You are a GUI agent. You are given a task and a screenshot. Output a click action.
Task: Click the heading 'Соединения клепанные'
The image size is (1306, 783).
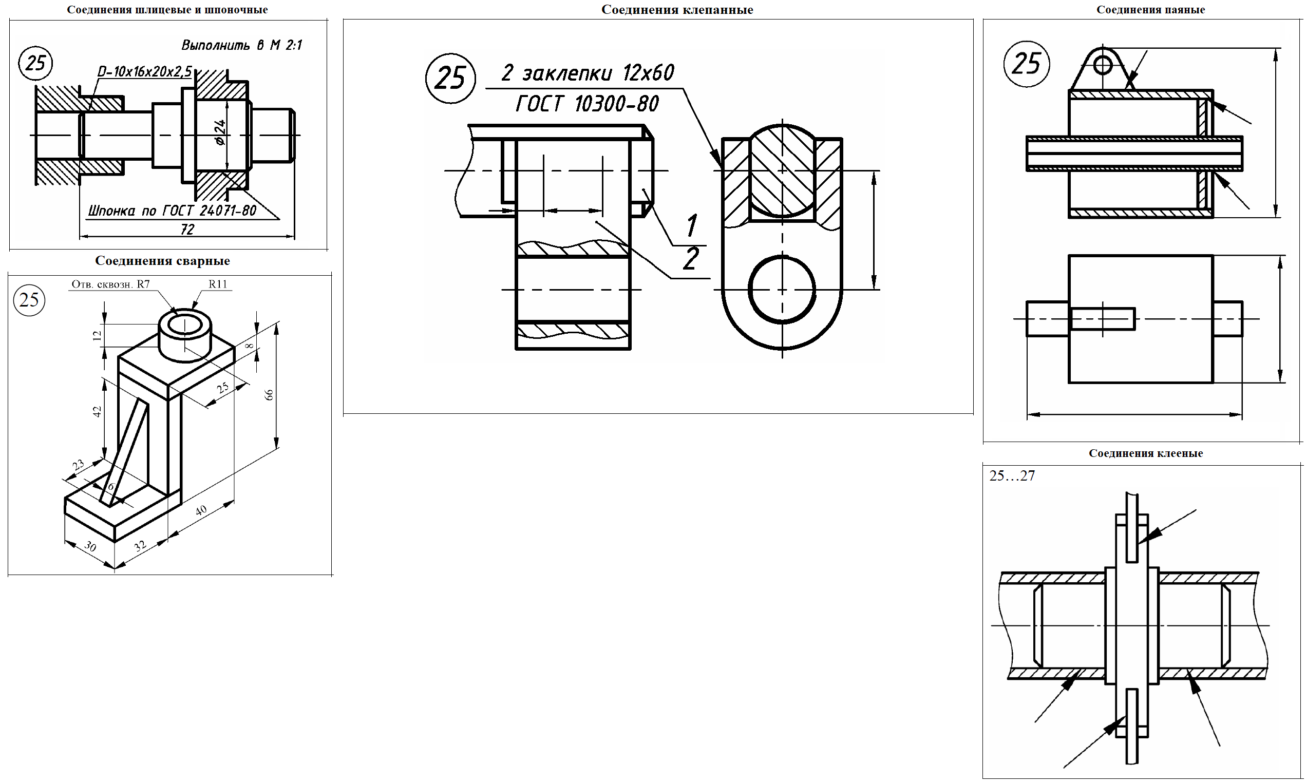[x=677, y=9]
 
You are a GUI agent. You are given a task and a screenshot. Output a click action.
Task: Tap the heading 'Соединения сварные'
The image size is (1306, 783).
[x=162, y=261]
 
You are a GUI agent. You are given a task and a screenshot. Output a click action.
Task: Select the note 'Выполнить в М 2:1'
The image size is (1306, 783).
[x=242, y=45]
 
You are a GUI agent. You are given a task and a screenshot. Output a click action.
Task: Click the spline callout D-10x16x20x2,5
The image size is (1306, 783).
[x=145, y=71]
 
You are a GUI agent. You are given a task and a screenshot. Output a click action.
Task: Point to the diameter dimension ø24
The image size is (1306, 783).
[x=220, y=132]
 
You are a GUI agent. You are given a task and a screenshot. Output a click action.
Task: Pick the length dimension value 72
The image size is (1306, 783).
[x=187, y=229]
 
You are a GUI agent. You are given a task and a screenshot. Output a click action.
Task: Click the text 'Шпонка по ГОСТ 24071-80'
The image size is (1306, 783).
[x=172, y=211]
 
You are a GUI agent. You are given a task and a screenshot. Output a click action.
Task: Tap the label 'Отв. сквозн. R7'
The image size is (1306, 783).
[x=111, y=284]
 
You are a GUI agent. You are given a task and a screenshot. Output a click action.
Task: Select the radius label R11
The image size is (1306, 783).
[x=217, y=284]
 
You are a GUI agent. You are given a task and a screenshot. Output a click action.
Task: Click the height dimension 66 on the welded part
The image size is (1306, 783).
[x=269, y=395]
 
